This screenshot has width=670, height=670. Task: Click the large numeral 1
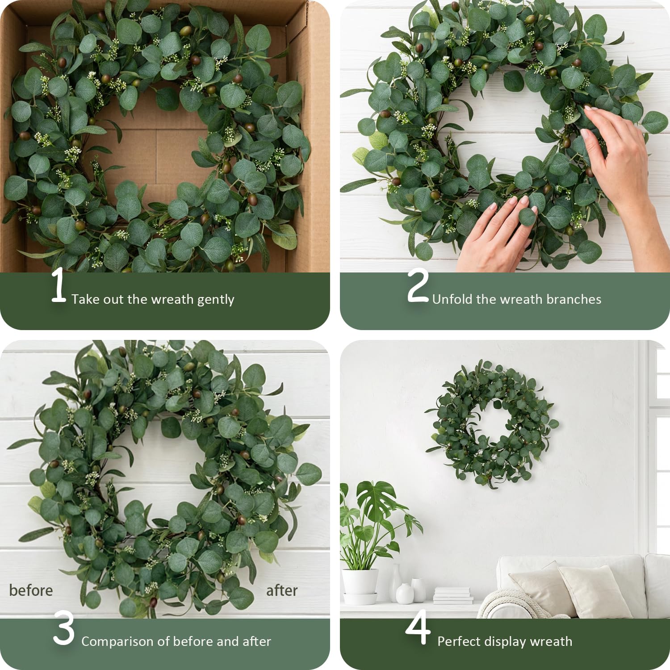(x=59, y=286)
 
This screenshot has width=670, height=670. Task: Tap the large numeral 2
(x=418, y=286)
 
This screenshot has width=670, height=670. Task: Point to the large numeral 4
(x=418, y=628)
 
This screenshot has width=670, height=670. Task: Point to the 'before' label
(x=31, y=590)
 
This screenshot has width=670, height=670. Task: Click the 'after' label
(x=282, y=590)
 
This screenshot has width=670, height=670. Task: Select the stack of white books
(x=453, y=595)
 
